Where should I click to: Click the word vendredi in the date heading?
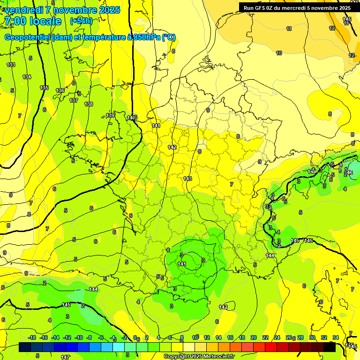(x=23, y=10)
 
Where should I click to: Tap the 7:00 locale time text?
(x=33, y=21)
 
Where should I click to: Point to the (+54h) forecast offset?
(x=81, y=21)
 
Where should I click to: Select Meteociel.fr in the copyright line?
(x=217, y=357)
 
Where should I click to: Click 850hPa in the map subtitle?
(x=142, y=37)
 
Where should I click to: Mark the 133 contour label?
(x=11, y=65)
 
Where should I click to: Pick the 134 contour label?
(x=27, y=77)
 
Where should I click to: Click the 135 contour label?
(x=44, y=88)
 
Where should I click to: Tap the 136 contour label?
(x=60, y=90)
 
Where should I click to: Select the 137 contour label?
(x=74, y=100)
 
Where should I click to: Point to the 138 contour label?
(x=89, y=104)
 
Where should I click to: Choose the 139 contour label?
(x=111, y=115)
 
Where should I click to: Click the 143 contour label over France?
(x=188, y=179)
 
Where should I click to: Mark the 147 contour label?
(x=65, y=357)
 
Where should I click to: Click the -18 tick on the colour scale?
(x=32, y=337)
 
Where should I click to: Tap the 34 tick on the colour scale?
(x=336, y=337)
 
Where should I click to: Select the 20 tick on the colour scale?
(x=254, y=337)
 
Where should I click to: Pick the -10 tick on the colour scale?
(x=79, y=337)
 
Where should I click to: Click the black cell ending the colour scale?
(x=330, y=347)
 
